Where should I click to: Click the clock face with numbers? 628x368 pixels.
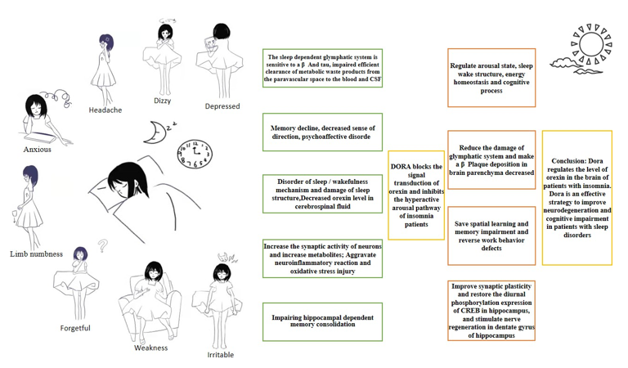pos(194,153)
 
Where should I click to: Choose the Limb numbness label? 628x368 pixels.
pos(36,254)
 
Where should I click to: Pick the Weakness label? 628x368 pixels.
pos(150,348)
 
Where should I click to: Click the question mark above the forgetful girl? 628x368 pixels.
pos(103,244)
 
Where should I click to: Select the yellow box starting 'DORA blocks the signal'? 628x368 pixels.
pos(416,195)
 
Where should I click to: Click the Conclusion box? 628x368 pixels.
pos(576,197)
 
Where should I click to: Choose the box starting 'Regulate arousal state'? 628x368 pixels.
pos(491,78)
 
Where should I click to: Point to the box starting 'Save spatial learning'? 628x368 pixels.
pos(491,235)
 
